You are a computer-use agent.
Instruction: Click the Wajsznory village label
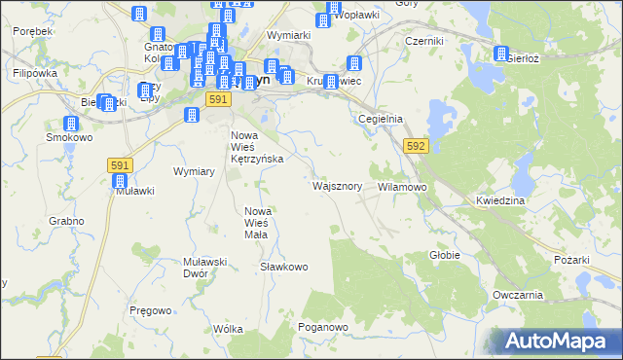click(x=338, y=185)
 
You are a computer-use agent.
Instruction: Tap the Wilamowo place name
click(x=402, y=185)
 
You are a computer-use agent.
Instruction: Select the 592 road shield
click(x=416, y=146)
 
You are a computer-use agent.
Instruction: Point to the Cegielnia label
click(x=381, y=119)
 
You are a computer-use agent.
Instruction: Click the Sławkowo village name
click(x=284, y=267)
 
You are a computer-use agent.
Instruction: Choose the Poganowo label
click(x=323, y=327)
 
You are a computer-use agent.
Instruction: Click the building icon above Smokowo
click(x=71, y=124)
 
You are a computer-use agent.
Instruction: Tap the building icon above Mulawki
click(x=121, y=180)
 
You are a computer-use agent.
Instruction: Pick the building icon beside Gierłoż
click(x=502, y=54)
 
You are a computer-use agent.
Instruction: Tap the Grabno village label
click(x=65, y=221)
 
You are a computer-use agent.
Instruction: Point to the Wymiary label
click(x=193, y=171)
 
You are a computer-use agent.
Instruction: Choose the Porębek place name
click(x=33, y=31)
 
